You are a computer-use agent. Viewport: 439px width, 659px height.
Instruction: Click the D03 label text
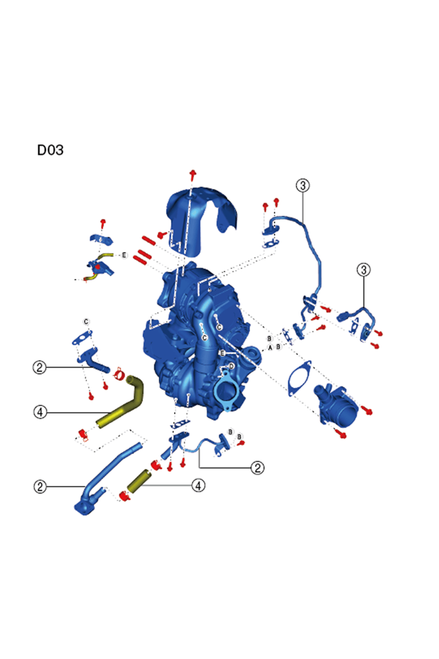point(50,150)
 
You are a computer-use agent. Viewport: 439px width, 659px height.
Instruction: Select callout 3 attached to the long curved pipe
point(303,185)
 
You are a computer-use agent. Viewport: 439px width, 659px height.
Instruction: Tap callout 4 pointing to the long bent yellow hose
point(40,412)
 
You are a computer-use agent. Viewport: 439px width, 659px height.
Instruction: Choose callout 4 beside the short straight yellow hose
point(199,485)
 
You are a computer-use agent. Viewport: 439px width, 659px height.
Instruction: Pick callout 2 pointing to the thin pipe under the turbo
point(257,467)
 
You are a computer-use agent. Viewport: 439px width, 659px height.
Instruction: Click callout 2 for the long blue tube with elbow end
point(40,486)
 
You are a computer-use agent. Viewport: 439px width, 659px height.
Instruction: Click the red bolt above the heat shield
point(193,174)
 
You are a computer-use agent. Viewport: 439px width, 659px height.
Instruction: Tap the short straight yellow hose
point(139,481)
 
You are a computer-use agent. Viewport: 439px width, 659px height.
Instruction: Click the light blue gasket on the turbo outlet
point(227,391)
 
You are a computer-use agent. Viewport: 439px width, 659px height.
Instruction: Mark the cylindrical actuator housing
point(336,404)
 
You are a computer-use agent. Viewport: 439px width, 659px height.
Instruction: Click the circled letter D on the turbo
point(231,366)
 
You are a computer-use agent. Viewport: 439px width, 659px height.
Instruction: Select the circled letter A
point(271,348)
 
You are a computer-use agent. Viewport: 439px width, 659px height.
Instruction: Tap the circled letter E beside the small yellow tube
point(124,255)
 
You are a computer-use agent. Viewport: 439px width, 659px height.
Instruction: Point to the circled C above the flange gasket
point(86,322)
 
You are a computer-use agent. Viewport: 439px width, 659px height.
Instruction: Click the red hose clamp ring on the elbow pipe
point(119,372)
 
